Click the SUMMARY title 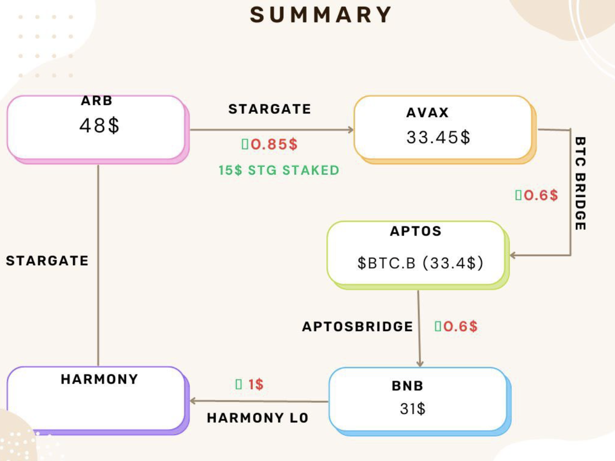click(x=321, y=15)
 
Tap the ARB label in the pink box click(x=97, y=101)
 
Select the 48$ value click(x=99, y=125)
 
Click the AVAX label click(x=427, y=112)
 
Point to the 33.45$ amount click(x=438, y=137)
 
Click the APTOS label click(x=416, y=231)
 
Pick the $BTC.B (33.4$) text click(x=420, y=263)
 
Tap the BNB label click(x=407, y=386)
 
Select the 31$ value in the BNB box click(x=412, y=409)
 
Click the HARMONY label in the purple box click(x=99, y=379)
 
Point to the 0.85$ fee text click(x=273, y=144)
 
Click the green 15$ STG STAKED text click(x=279, y=170)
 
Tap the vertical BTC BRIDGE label click(x=580, y=184)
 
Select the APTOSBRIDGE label click(x=357, y=327)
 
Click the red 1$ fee click(x=255, y=385)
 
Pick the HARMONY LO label click(x=258, y=418)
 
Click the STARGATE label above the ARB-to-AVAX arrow click(x=270, y=109)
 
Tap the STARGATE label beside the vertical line click(x=47, y=261)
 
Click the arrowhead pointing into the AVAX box click(x=351, y=130)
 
